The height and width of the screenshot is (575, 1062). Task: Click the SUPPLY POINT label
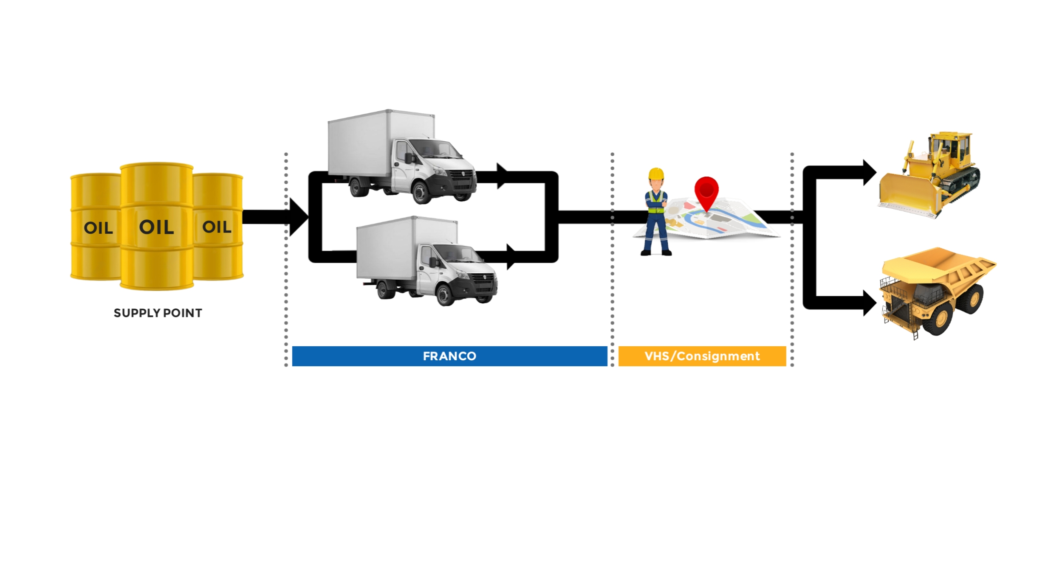(158, 313)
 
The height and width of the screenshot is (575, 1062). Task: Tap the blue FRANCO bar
(449, 356)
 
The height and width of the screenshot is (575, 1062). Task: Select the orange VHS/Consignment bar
(702, 356)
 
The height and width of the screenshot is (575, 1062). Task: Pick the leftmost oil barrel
(96, 227)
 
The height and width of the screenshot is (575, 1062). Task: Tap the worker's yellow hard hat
(656, 174)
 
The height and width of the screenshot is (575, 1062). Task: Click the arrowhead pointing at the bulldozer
(869, 172)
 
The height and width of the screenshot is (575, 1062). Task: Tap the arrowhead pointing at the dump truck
(869, 303)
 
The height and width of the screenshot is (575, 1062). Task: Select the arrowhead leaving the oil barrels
(298, 217)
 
